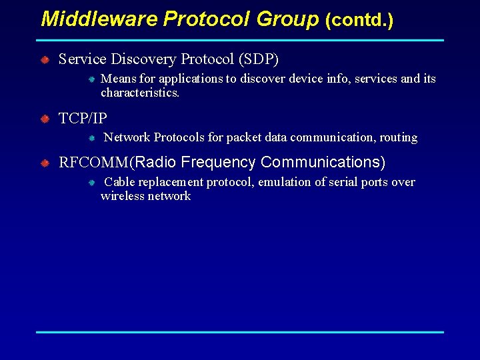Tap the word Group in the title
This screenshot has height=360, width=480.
[288, 19]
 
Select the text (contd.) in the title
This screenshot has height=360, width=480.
[359, 21]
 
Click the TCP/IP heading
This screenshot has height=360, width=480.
[83, 119]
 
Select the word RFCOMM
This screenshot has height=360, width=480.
[95, 163]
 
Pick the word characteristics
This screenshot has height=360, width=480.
[140, 93]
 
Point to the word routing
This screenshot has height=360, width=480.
[399, 138]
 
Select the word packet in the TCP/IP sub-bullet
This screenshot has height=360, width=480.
[244, 138]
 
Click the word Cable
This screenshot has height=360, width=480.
[120, 182]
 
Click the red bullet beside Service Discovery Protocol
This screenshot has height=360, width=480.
[44, 60]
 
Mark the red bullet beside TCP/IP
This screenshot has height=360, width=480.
[44, 119]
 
